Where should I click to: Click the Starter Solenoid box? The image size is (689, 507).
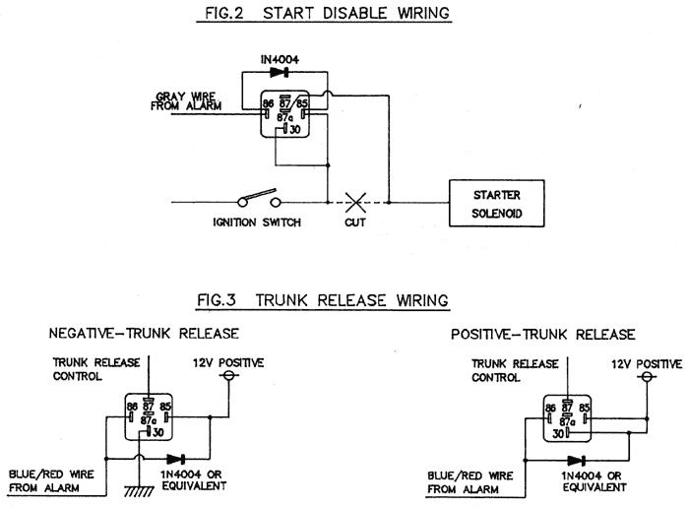pyautogui.click(x=496, y=203)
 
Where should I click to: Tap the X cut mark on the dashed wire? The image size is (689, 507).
pyautogui.click(x=355, y=203)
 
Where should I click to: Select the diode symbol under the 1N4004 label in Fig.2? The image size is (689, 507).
pyautogui.click(x=280, y=72)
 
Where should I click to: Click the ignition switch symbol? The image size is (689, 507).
pyautogui.click(x=258, y=199)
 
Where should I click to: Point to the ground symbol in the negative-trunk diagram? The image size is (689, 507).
pyautogui.click(x=139, y=490)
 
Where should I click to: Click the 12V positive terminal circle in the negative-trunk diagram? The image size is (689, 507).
pyautogui.click(x=228, y=375)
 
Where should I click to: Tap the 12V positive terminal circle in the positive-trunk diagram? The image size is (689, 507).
pyautogui.click(x=647, y=376)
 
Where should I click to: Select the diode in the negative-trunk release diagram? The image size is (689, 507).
pyautogui.click(x=175, y=459)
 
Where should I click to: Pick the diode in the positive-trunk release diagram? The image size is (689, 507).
pyautogui.click(x=576, y=461)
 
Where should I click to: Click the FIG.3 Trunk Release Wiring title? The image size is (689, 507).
pyautogui.click(x=323, y=300)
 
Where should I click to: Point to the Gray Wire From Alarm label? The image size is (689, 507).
pyautogui.click(x=186, y=101)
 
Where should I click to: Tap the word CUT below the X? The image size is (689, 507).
pyautogui.click(x=355, y=222)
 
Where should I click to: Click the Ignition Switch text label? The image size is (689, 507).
pyautogui.click(x=257, y=222)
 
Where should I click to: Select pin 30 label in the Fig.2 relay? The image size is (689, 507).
pyautogui.click(x=295, y=129)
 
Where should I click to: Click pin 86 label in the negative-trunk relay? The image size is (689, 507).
pyautogui.click(x=132, y=407)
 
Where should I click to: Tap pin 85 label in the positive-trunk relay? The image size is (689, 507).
pyautogui.click(x=584, y=408)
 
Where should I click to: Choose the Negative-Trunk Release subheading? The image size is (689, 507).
pyautogui.click(x=144, y=333)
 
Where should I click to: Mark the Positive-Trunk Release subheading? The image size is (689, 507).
pyautogui.click(x=542, y=335)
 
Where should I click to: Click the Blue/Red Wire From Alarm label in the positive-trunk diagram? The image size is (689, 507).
pyautogui.click(x=470, y=482)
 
